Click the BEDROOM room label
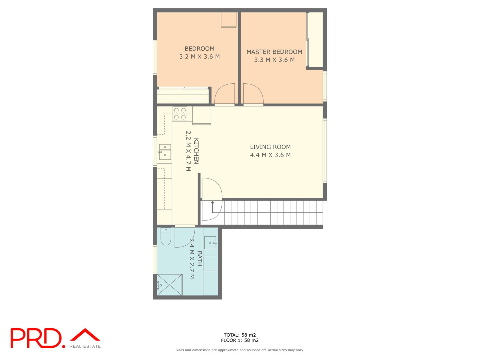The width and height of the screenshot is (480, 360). [199, 49]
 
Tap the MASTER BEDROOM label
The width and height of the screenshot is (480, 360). [274, 52]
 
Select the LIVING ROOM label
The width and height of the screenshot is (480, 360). [270, 147]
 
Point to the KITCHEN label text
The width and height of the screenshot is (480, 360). [196, 151]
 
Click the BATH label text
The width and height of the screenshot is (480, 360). [199, 259]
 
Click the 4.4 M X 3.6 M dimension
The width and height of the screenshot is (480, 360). [270, 155]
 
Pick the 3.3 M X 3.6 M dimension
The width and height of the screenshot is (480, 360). [274, 60]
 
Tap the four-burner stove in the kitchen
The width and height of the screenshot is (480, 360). [180, 114]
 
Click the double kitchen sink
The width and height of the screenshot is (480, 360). [165, 151]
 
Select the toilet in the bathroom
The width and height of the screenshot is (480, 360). [166, 237]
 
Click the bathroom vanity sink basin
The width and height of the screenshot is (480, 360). [210, 243]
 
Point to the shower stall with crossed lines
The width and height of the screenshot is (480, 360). [169, 285]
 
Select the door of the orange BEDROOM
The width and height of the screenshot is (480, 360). [225, 94]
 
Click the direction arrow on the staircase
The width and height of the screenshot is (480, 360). [212, 203]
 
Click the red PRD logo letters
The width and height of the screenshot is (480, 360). [36, 338]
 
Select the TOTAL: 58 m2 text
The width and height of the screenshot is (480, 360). [240, 335]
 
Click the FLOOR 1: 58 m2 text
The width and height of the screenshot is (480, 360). [240, 340]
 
